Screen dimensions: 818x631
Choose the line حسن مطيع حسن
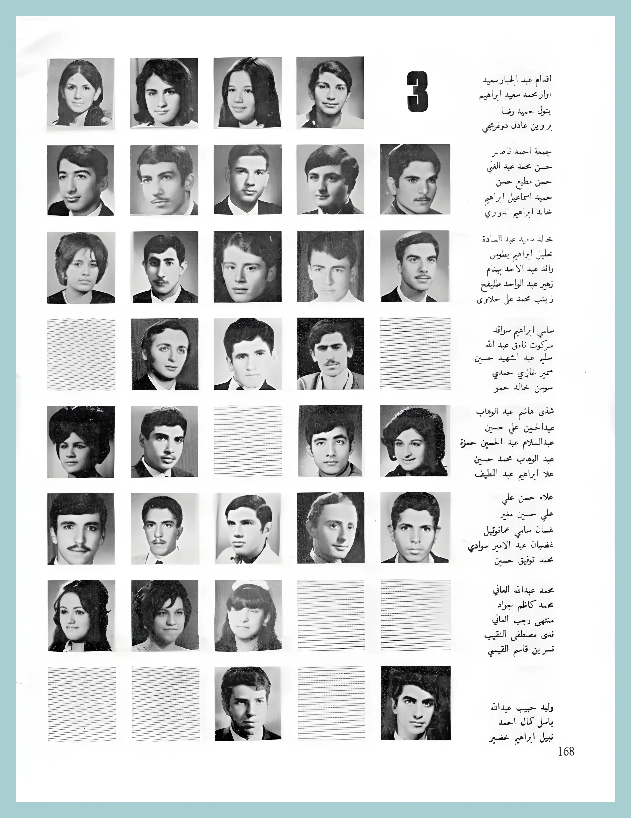click(x=524, y=182)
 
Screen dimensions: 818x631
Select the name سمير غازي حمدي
click(x=523, y=373)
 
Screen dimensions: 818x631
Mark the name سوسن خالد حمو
click(x=523, y=388)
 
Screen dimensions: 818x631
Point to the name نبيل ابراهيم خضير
click(x=521, y=738)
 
